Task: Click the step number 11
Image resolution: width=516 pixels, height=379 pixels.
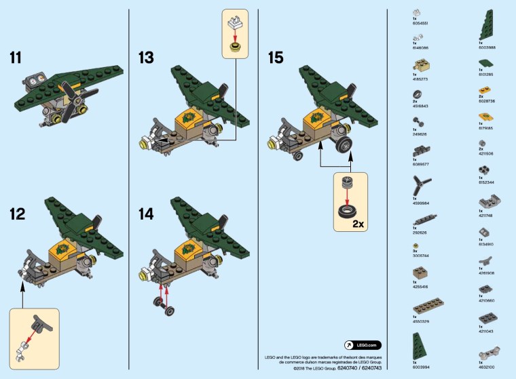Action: (20, 58)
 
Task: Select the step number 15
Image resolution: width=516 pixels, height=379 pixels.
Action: (275, 58)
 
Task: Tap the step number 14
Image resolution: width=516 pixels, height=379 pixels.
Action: (147, 214)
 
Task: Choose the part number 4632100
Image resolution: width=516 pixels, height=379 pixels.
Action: (487, 367)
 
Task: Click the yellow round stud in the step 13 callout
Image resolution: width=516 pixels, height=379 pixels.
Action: (236, 47)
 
